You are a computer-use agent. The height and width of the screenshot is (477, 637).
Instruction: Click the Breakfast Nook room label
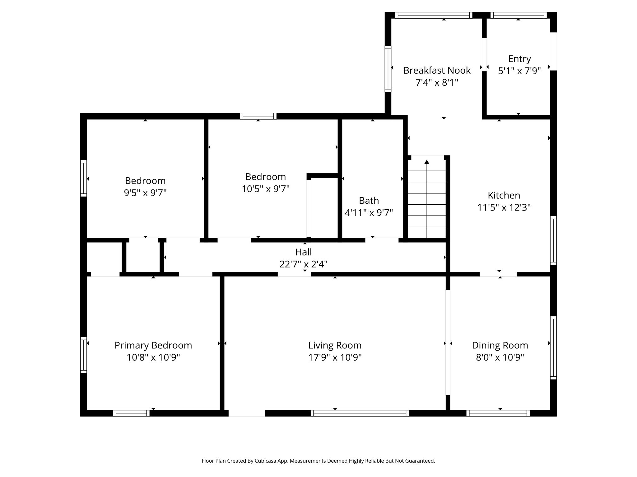point(437,70)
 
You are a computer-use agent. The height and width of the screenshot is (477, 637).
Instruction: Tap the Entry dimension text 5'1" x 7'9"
point(519,71)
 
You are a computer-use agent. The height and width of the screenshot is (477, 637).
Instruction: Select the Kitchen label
point(504,195)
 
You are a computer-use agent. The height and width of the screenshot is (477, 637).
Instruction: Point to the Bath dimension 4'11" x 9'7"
point(369,213)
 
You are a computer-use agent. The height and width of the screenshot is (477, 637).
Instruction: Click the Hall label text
point(304,252)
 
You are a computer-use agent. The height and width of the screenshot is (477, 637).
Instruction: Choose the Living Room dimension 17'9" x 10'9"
point(335,357)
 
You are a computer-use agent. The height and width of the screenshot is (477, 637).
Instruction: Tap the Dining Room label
point(500,345)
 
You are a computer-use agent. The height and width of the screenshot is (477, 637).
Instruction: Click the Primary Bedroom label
point(153,345)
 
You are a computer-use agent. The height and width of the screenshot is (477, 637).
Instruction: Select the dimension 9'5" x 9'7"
point(145,193)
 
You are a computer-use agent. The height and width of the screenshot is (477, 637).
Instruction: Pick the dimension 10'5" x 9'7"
point(266,189)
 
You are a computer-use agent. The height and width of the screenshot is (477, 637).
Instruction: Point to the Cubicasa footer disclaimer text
point(318,461)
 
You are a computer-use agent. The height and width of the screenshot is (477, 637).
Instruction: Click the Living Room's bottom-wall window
point(360,413)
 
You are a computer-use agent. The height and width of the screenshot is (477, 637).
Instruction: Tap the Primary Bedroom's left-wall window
point(83,355)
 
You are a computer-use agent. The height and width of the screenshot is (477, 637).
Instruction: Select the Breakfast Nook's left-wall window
point(388,69)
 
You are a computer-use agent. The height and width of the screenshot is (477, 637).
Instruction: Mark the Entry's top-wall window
point(518,15)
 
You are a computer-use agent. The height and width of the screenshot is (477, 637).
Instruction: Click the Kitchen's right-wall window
point(553,241)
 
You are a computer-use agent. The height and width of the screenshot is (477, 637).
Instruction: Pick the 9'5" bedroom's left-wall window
point(83,178)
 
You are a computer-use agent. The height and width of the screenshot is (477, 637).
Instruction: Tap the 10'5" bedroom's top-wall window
point(258,116)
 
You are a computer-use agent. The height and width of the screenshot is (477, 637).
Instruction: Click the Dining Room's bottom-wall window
point(498,413)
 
